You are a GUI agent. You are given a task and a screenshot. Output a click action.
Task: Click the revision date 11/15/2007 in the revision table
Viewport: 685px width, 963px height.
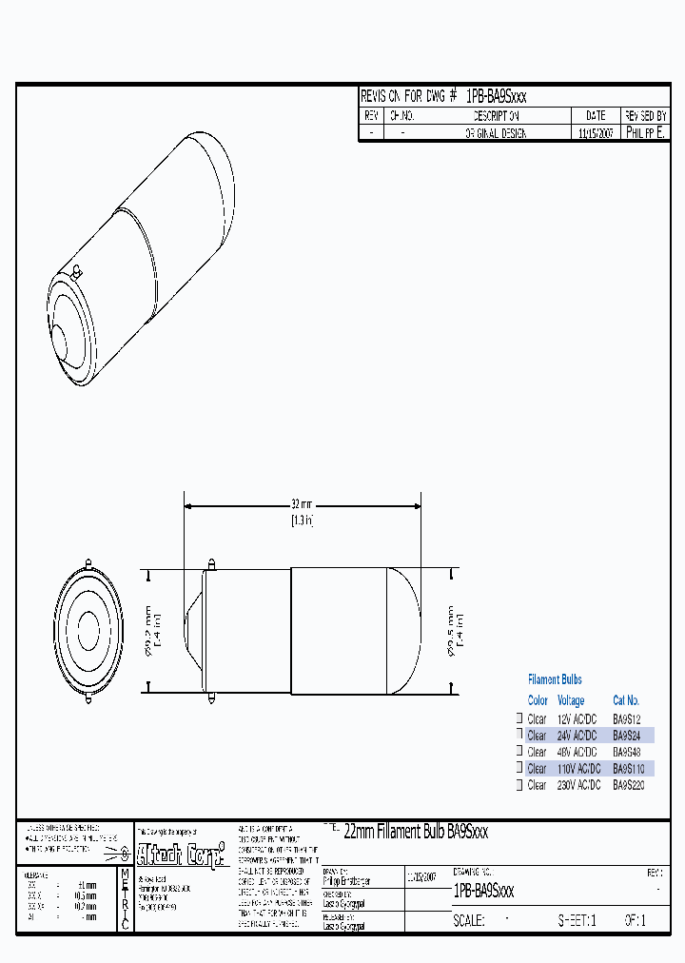597,134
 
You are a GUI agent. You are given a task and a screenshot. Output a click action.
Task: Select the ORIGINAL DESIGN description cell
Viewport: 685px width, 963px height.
496,134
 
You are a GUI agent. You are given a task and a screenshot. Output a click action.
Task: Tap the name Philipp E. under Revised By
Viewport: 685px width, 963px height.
646,134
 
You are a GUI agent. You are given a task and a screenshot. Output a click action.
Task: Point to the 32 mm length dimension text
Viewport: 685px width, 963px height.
302,504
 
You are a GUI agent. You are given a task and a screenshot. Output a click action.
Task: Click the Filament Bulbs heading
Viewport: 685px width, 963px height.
555,679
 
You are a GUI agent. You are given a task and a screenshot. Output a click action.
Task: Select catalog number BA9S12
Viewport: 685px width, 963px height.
628,718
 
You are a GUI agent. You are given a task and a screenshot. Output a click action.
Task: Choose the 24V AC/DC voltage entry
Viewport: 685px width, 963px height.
577,736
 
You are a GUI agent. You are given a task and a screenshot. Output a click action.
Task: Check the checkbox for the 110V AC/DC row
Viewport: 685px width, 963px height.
519,768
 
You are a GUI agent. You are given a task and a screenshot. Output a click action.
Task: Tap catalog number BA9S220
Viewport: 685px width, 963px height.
630,785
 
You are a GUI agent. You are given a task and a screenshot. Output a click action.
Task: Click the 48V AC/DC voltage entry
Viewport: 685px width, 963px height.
577,752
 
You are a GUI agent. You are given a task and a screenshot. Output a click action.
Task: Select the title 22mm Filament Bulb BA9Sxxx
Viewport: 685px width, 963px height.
415,832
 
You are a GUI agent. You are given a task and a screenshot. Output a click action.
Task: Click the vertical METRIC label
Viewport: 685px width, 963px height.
125,899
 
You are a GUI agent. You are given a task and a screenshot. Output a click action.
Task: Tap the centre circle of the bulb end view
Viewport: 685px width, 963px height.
88,630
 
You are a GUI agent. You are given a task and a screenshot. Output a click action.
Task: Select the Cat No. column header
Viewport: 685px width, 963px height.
626,700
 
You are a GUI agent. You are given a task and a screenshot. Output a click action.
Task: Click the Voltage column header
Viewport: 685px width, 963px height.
571,700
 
